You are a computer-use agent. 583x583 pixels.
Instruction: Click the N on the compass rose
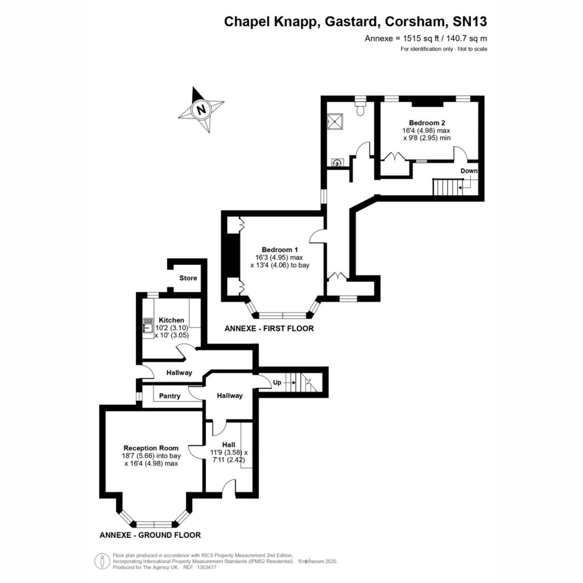click(201, 110)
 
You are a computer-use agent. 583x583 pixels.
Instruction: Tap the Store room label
click(188, 278)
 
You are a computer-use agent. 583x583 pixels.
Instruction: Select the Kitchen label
click(171, 320)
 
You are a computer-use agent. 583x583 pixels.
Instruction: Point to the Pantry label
click(170, 396)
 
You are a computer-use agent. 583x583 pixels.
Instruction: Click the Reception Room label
click(151, 448)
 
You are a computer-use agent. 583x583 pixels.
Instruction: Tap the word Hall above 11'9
click(229, 445)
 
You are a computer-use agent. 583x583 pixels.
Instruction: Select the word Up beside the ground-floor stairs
click(277, 383)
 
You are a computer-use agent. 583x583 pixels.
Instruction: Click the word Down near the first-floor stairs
click(469, 171)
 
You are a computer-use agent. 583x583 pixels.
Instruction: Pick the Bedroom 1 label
click(280, 249)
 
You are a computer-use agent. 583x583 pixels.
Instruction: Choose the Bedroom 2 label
click(427, 123)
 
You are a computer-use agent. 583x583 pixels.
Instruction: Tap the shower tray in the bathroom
click(335, 121)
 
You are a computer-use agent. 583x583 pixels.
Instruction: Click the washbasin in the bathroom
click(337, 163)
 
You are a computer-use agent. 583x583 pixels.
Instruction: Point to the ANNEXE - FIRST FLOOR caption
click(269, 329)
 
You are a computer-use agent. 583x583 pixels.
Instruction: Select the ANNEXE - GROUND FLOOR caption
click(150, 535)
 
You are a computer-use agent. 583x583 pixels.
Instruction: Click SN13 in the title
click(470, 22)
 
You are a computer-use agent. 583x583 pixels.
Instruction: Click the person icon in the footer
click(102, 561)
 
